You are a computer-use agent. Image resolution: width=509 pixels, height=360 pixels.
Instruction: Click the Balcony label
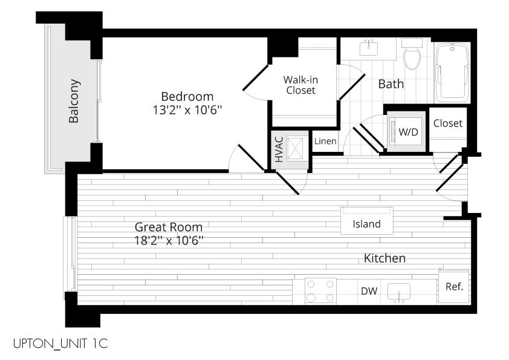(74, 100)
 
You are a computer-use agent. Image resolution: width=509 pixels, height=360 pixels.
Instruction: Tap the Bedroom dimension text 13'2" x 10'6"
(187, 111)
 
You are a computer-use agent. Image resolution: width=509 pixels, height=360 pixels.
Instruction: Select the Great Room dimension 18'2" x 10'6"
(169, 241)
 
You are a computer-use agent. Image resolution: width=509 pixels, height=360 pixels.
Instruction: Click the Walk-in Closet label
(300, 85)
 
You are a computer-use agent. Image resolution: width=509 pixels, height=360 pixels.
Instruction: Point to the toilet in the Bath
(412, 54)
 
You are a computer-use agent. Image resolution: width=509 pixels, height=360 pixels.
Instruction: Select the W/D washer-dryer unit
(406, 131)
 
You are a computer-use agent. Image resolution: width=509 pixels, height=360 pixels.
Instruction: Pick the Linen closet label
(325, 141)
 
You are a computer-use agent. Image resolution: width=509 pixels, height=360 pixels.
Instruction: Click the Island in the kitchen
(367, 221)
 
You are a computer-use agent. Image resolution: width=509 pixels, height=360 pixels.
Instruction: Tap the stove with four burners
(320, 291)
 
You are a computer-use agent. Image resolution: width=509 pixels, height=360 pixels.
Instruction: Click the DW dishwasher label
(369, 291)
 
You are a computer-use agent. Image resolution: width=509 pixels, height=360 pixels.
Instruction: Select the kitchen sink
(398, 292)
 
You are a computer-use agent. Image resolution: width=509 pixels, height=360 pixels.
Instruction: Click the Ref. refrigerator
(454, 287)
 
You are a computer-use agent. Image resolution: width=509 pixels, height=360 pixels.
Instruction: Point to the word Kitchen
(384, 258)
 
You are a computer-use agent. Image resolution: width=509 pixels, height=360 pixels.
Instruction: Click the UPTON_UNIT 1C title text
(60, 344)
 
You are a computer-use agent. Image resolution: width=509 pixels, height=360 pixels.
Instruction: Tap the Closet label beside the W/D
(448, 123)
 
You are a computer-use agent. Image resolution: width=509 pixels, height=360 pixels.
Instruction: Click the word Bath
(391, 84)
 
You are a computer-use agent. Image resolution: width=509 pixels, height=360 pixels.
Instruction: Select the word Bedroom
(187, 96)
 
